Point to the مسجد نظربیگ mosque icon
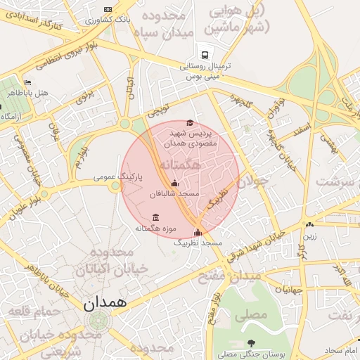[198, 232]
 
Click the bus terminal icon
[205, 53]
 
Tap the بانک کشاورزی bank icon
[108, 9]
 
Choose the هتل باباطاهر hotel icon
[27, 82]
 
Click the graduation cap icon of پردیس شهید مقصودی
[189, 123]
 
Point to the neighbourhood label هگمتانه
[180, 164]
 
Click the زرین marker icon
[310, 225]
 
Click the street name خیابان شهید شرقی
[263, 246]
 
